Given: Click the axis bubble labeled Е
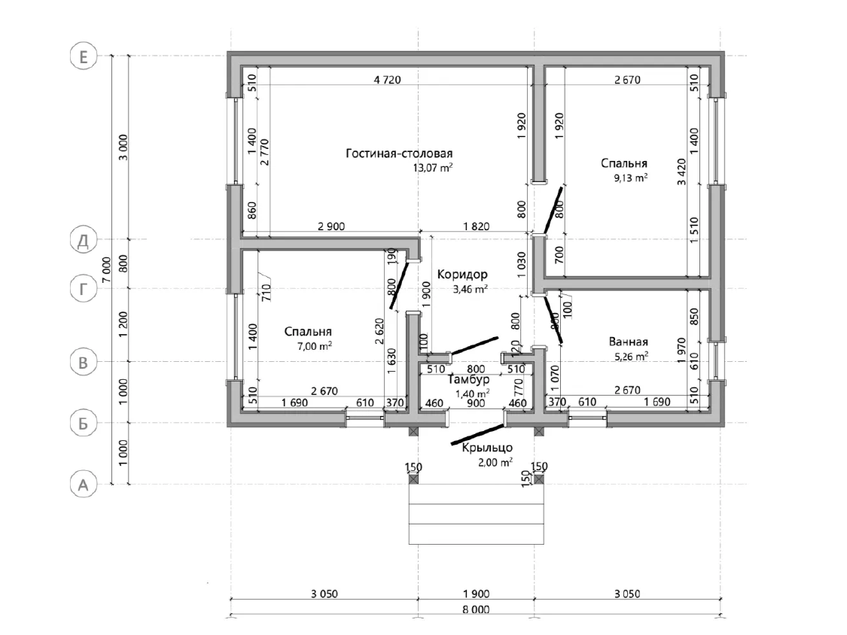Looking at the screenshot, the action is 83,56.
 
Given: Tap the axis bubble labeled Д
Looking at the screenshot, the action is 83,240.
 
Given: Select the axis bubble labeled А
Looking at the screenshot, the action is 83,485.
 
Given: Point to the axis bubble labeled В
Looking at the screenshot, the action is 83,363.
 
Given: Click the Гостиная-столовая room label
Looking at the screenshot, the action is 399,154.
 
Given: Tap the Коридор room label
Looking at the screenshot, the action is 462,275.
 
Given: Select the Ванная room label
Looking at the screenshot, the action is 628,342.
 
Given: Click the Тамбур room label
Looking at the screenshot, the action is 469,380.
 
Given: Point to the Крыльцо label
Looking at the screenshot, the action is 487,448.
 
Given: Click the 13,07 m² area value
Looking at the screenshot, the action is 433,167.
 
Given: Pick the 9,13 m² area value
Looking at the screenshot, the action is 630,178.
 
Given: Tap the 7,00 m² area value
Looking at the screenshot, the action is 315,346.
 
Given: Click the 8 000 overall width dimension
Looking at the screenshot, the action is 476,609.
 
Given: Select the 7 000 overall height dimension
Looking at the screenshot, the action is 107,269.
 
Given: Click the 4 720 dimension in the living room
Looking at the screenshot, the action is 387,80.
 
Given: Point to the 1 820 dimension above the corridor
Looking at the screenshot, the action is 477,226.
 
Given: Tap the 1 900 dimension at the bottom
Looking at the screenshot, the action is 476,594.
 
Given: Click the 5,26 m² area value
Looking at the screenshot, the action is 631,357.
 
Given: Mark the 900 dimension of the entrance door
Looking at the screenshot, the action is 476,403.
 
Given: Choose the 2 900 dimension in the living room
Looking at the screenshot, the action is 331,226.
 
